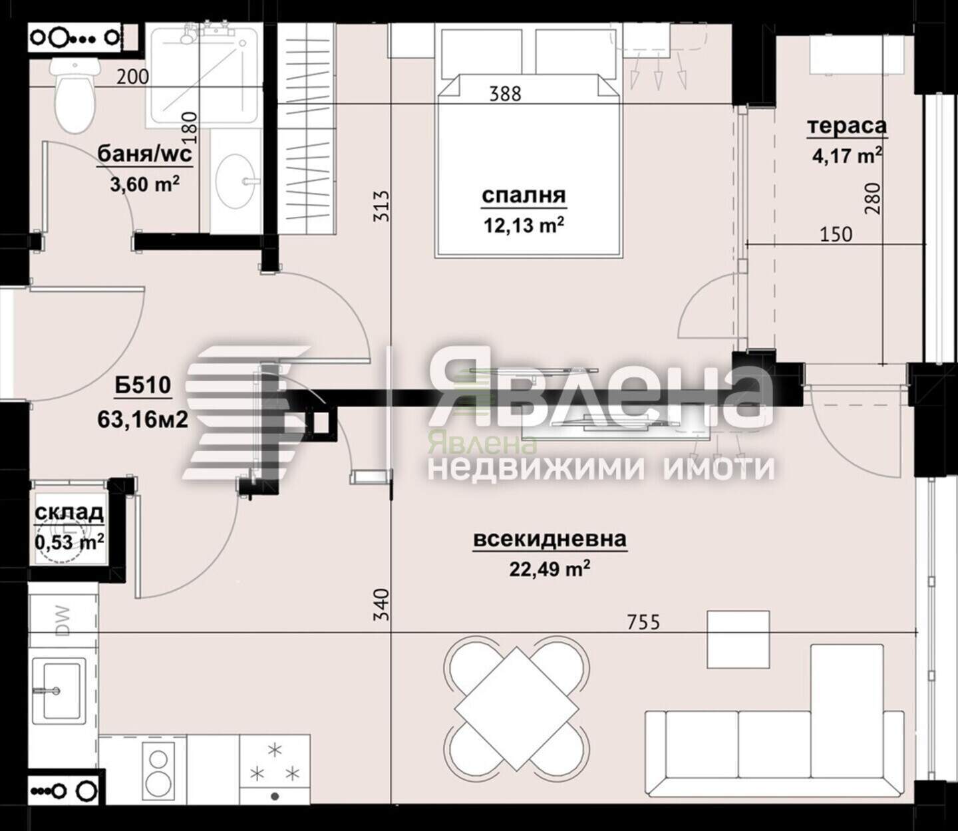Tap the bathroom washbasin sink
[x=236, y=181]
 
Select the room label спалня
[x=524, y=196]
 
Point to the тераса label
[x=846, y=126]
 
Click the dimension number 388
[x=505, y=94]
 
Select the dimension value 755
[x=643, y=622]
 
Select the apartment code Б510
[x=143, y=385]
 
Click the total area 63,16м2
[x=143, y=419]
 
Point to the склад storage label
[x=69, y=513]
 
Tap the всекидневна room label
[x=550, y=539]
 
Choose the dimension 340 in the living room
[x=382, y=604]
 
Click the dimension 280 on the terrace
[x=874, y=198]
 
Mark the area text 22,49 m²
[x=550, y=570]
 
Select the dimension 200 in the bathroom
[x=133, y=77]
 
